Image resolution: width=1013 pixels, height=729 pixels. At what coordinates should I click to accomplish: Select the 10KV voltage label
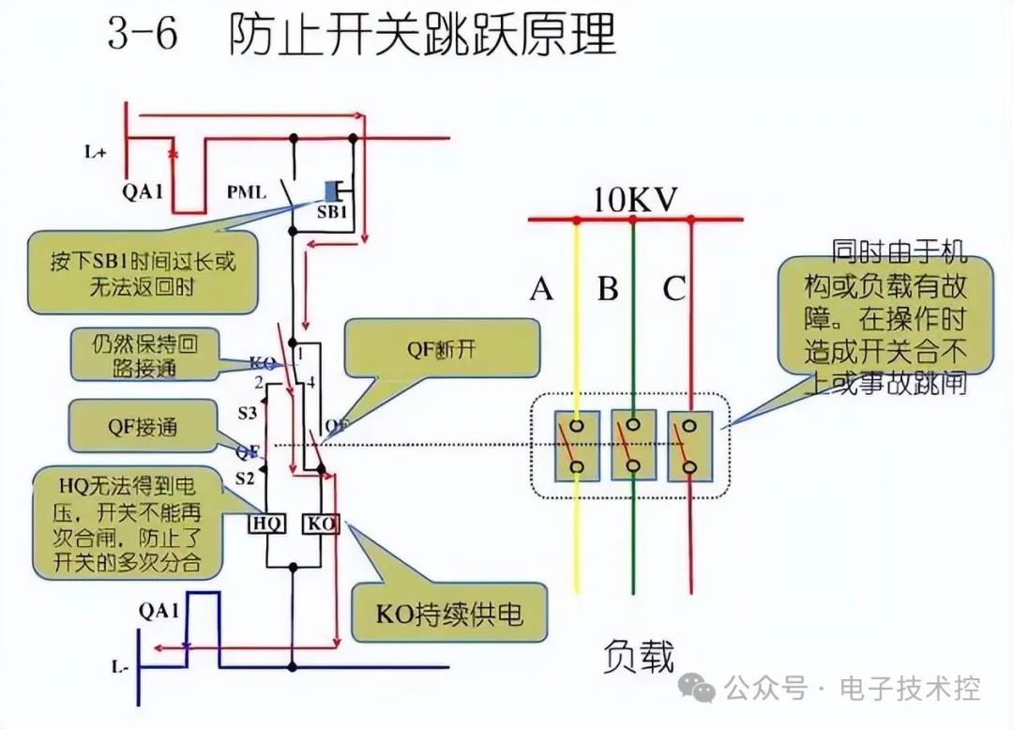pyautogui.click(x=635, y=200)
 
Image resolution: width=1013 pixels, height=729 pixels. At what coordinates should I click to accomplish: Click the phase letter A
pyautogui.click(x=541, y=289)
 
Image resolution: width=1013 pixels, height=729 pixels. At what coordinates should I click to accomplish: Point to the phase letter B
pyautogui.click(x=608, y=289)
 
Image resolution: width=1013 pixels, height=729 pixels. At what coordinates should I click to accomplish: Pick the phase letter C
pyautogui.click(x=673, y=289)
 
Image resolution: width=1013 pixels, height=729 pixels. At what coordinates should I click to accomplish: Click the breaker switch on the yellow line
pyautogui.click(x=575, y=446)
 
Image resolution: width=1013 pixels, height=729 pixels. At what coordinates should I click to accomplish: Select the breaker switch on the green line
pyautogui.click(x=633, y=446)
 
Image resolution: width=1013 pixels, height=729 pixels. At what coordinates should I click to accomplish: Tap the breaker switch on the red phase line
pyautogui.click(x=690, y=446)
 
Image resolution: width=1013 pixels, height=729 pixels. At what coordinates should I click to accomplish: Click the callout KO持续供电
pyautogui.click(x=448, y=615)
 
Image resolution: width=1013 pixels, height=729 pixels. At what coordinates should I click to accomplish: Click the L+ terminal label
pyautogui.click(x=95, y=151)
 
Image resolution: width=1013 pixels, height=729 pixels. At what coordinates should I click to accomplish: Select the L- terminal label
pyautogui.click(x=119, y=668)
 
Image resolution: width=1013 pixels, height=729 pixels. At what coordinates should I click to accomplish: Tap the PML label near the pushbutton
pyautogui.click(x=247, y=193)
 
